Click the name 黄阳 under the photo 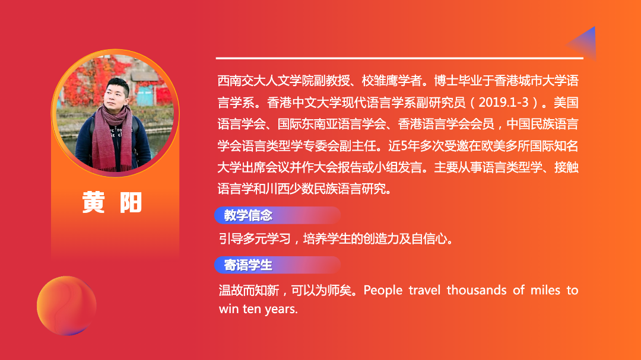tap(112, 202)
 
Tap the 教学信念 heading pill tap(277, 215)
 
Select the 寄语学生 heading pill tap(277, 265)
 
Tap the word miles tap(545, 290)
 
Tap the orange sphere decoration tap(66, 305)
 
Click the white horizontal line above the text tap(399, 59)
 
